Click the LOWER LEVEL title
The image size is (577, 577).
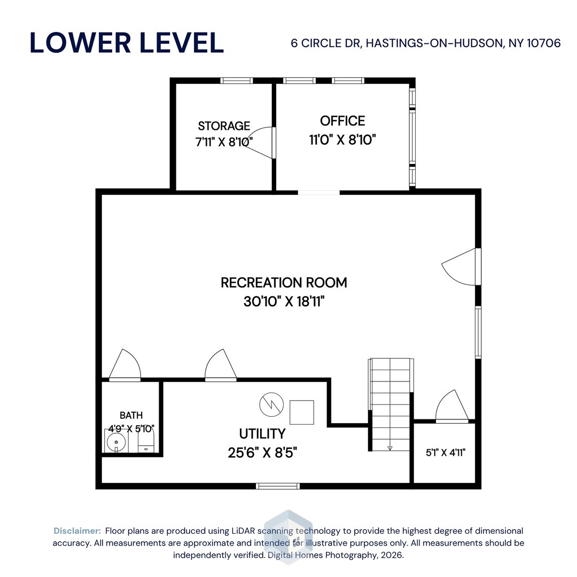[127, 43]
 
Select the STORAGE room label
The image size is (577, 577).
[224, 126]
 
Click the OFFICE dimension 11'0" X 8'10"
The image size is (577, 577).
[342, 140]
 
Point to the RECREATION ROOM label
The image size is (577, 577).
[284, 283]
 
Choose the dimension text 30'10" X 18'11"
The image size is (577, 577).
[284, 301]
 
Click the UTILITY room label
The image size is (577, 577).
[262, 433]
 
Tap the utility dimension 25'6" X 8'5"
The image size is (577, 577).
[262, 453]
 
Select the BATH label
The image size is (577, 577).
[131, 415]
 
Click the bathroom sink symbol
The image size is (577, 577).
[116, 442]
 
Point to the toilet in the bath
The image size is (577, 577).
[146, 442]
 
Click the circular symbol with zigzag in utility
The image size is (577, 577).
[270, 405]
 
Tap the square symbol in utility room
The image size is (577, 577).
[301, 411]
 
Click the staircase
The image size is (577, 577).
[390, 403]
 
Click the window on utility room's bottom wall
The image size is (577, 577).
[277, 486]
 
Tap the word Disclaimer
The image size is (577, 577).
[77, 531]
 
